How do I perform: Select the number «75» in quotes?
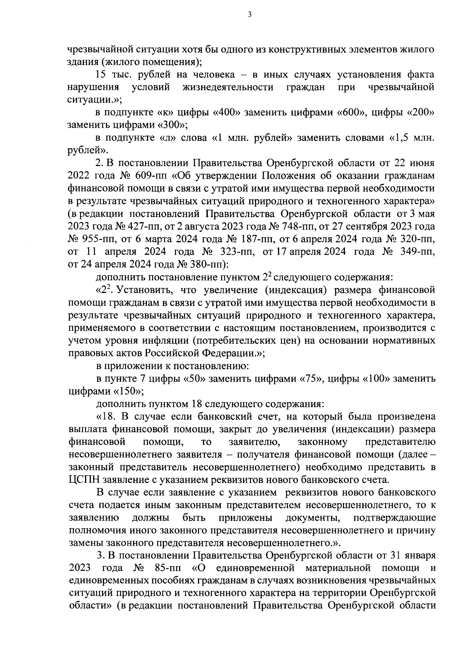(x=312, y=379)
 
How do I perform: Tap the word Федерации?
(x=222, y=353)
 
